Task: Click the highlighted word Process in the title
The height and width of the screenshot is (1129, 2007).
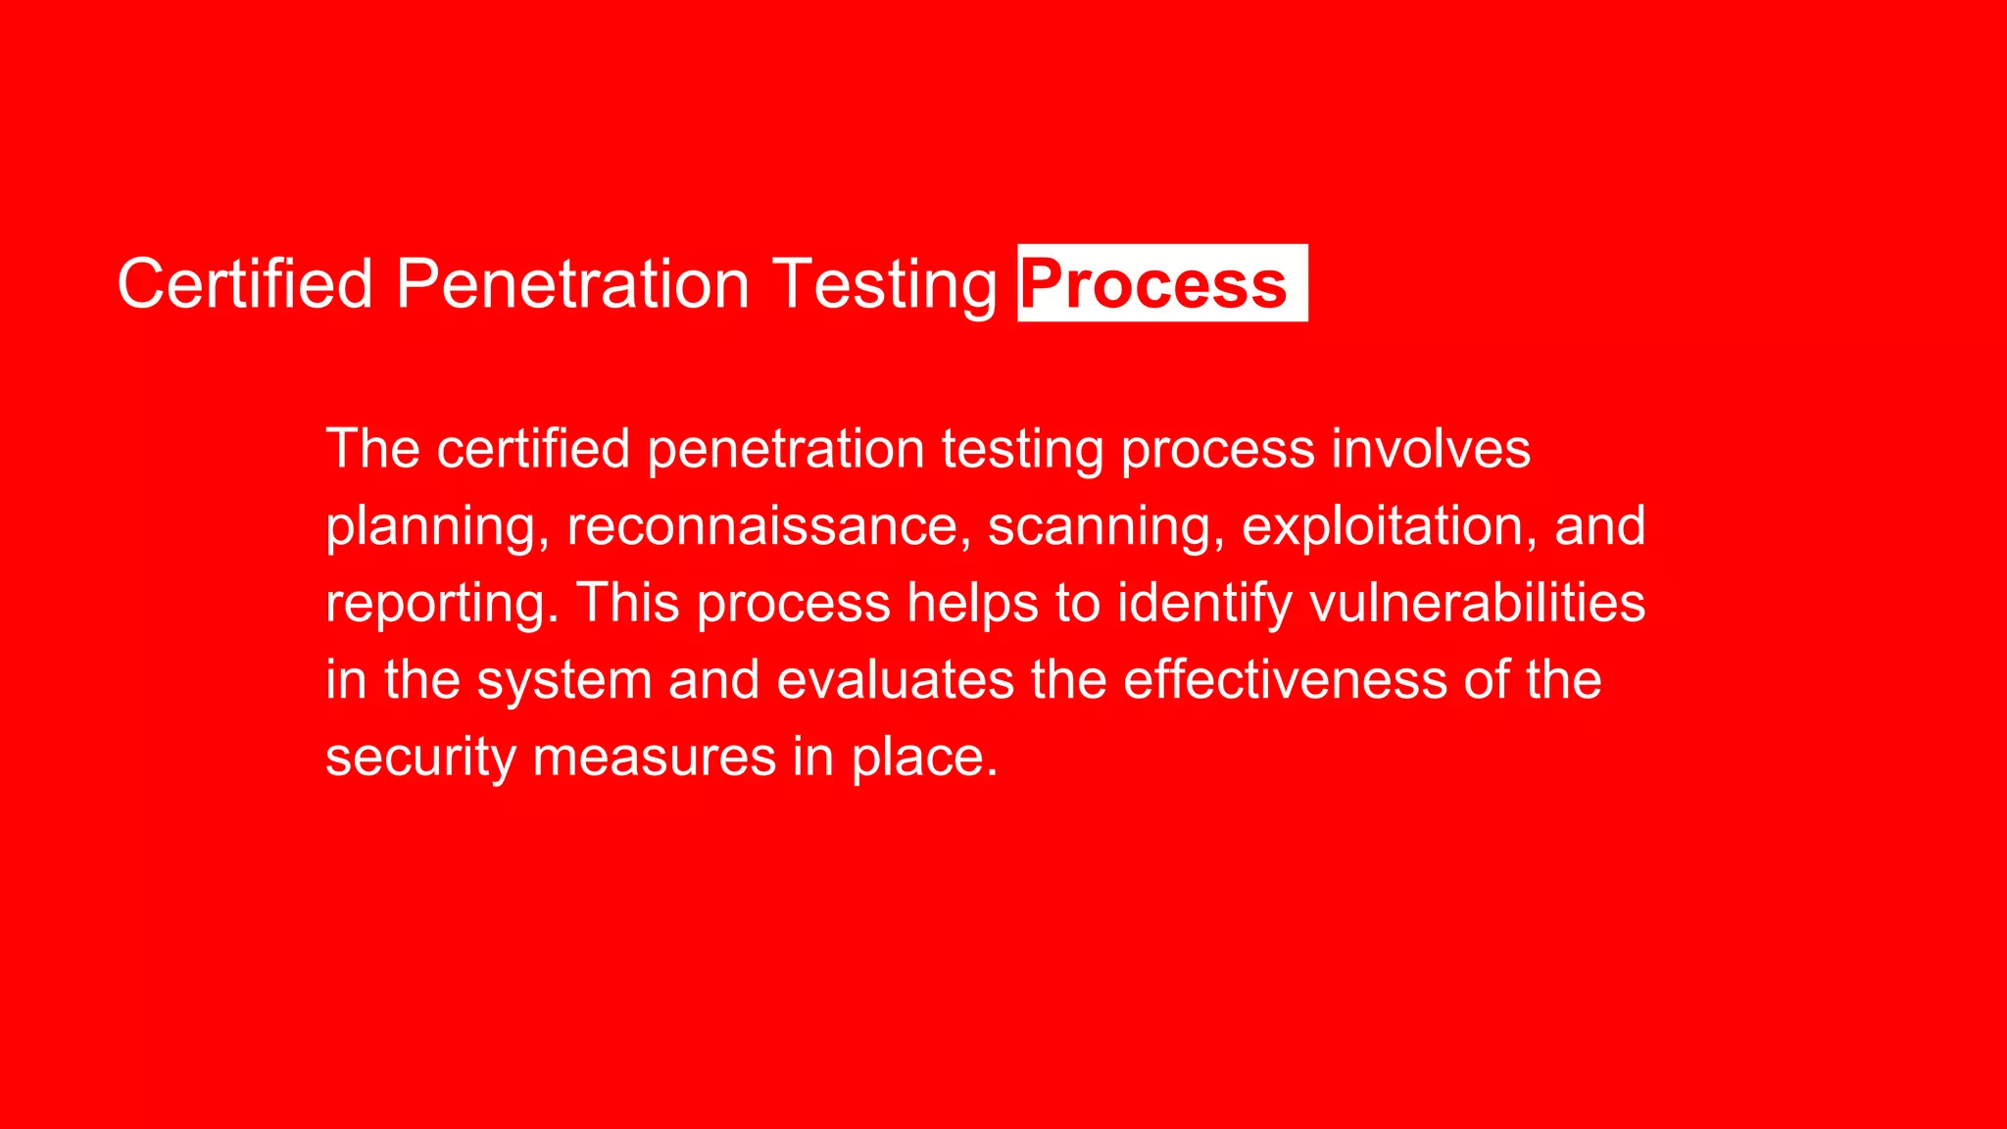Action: click(1154, 284)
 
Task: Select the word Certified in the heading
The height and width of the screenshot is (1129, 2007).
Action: click(245, 284)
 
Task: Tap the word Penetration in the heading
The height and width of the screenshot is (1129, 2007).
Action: click(572, 284)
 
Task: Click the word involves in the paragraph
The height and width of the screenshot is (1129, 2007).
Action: click(1431, 449)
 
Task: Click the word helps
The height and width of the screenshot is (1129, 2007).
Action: click(972, 604)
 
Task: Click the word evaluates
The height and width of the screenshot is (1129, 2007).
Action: click(895, 680)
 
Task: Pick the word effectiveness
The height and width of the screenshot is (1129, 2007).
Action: click(1285, 679)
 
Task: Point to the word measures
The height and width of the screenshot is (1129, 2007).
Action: click(654, 758)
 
